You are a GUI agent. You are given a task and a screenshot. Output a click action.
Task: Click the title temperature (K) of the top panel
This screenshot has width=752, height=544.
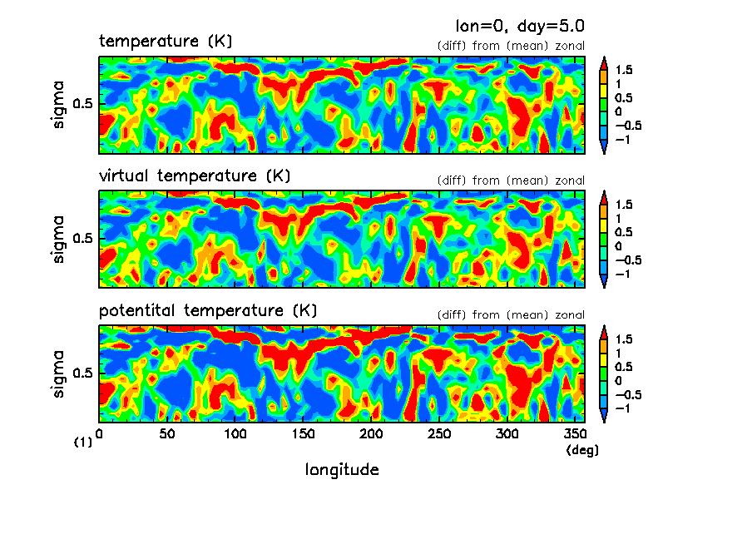pyautogui.click(x=166, y=41)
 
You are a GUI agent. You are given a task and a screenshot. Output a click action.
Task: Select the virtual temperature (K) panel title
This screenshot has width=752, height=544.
pyautogui.click(x=195, y=176)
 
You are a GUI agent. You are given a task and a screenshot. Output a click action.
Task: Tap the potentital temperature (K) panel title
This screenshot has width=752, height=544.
pyautogui.click(x=208, y=310)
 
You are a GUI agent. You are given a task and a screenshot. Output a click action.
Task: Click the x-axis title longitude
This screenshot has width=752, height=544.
pyautogui.click(x=342, y=470)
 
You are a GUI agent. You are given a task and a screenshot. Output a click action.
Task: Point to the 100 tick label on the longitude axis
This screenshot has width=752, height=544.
pyautogui.click(x=235, y=433)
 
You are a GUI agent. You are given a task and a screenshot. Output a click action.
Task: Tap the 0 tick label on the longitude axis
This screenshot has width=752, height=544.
pyautogui.click(x=100, y=433)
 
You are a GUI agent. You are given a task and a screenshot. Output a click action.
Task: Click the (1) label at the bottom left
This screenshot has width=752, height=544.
pyautogui.click(x=83, y=443)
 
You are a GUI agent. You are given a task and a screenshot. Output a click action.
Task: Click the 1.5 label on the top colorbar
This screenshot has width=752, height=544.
pyautogui.click(x=624, y=71)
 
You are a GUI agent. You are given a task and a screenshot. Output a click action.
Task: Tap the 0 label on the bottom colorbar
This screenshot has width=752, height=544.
pyautogui.click(x=618, y=380)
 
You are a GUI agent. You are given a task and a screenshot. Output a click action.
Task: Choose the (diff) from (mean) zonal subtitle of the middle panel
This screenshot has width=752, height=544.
pyautogui.click(x=511, y=181)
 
